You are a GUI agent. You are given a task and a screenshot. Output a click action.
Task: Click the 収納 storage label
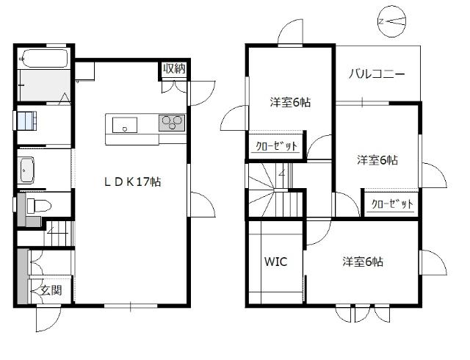(x=173, y=69)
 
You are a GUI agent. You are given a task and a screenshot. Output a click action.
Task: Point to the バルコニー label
(x=377, y=75)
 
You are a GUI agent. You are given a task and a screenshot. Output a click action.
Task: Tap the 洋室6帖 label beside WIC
(x=362, y=262)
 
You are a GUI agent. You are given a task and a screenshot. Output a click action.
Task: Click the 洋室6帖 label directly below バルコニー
(x=377, y=160)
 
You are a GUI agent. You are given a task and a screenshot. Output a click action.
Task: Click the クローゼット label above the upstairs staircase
(x=276, y=146)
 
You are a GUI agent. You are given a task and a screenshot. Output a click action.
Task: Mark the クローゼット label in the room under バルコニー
(x=392, y=204)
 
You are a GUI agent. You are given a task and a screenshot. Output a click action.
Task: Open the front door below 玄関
(x=47, y=317)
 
